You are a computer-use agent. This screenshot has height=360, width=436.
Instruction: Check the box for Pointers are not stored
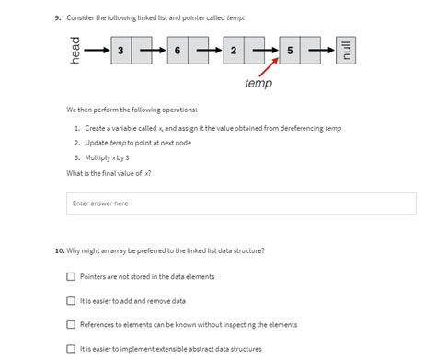(71, 276)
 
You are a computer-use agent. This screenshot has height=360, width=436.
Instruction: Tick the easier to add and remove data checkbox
(71, 300)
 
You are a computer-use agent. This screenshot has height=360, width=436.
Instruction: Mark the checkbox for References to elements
(71, 324)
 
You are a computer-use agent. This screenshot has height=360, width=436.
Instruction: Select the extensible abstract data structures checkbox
(71, 348)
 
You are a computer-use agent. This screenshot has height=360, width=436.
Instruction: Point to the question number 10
(59, 250)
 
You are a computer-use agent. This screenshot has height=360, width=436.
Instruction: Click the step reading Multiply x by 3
(109, 158)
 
